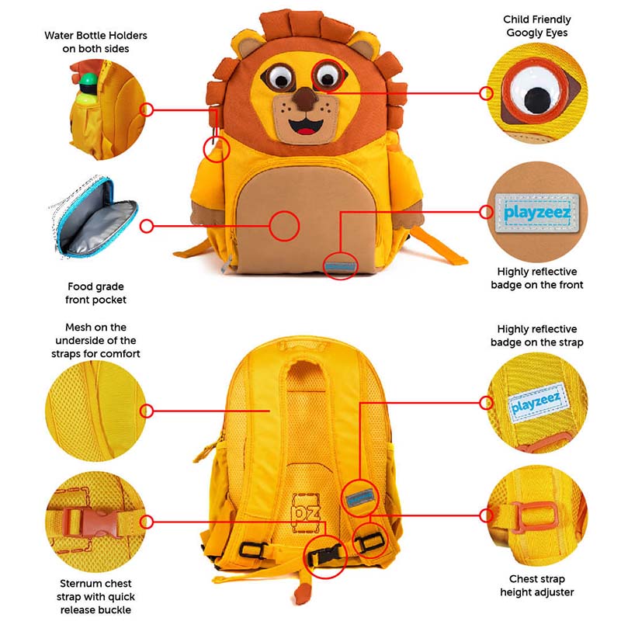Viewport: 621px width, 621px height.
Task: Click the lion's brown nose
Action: [x=305, y=99]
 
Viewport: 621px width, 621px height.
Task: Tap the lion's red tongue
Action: [x=305, y=131]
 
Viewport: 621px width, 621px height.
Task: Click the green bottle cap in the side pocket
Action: [x=88, y=80]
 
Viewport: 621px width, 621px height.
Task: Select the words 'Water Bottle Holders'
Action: [x=95, y=35]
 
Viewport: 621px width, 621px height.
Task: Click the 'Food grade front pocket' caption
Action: [x=95, y=293]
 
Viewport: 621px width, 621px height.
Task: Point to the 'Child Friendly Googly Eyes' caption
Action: [x=537, y=26]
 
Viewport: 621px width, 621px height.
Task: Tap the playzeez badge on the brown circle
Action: [x=537, y=213]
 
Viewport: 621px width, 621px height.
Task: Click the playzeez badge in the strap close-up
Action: [x=538, y=403]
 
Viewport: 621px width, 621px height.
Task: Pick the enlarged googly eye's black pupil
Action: [x=537, y=99]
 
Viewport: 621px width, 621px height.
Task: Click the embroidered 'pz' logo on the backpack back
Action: [x=305, y=513]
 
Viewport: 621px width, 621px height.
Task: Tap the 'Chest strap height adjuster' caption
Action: [x=537, y=585]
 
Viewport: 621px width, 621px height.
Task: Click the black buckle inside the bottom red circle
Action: [x=324, y=555]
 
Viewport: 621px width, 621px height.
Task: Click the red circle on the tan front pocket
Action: [x=284, y=226]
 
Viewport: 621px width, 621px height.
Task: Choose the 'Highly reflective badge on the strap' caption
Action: [x=537, y=335]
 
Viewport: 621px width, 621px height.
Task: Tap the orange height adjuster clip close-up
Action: [x=536, y=517]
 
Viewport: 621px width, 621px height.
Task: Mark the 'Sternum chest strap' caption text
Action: [x=95, y=584]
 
